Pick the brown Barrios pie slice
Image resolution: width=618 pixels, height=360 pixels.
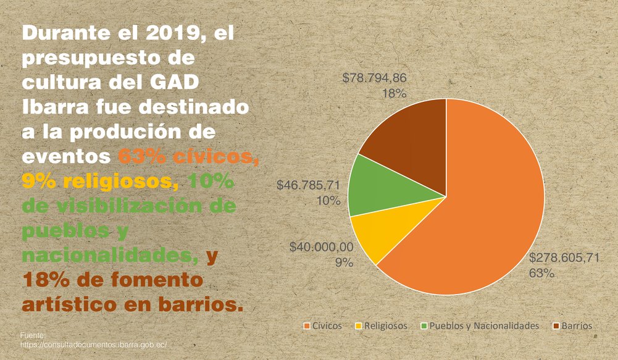tap(414, 136)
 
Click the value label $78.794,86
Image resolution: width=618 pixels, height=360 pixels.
tap(374, 78)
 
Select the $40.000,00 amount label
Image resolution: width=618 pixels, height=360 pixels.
tap(321, 248)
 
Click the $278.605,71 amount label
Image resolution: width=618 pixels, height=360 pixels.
tap(564, 257)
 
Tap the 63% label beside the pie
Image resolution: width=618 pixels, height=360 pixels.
tap(541, 273)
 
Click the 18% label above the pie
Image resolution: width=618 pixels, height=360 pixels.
tap(393, 94)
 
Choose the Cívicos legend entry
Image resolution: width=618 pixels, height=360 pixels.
tap(322, 325)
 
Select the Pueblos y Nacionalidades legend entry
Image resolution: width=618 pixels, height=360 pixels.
tap(479, 325)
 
